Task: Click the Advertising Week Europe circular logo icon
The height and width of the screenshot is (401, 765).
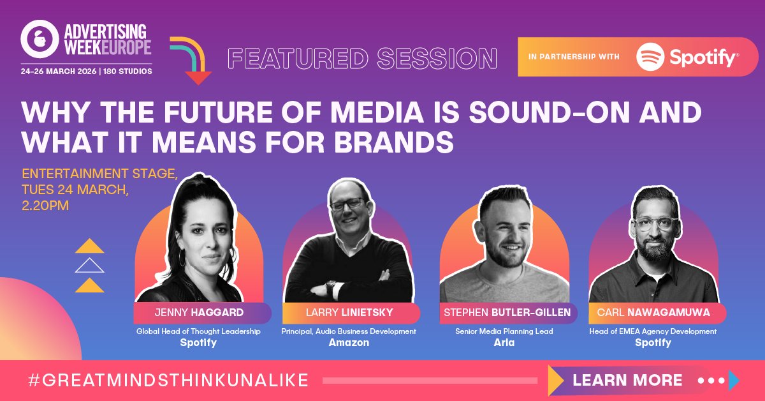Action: pos(40,40)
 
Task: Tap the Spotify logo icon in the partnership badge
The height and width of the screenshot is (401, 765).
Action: pos(651,57)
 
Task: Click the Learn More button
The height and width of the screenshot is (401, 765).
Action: pos(627,381)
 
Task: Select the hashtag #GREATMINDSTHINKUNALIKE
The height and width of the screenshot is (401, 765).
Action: pos(169,381)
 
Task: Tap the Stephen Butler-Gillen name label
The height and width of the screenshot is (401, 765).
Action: pos(508,313)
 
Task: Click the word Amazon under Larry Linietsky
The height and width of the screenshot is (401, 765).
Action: pos(349,343)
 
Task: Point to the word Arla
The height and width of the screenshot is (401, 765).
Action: pos(504,343)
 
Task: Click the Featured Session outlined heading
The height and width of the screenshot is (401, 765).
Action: pos(362,59)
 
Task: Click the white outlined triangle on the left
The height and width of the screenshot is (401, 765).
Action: pos(89,266)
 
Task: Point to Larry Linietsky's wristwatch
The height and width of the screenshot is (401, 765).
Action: pos(330,287)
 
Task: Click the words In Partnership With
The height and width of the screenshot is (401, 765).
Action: pos(574,57)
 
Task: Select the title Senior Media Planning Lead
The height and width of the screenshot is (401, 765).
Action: pos(504,331)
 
